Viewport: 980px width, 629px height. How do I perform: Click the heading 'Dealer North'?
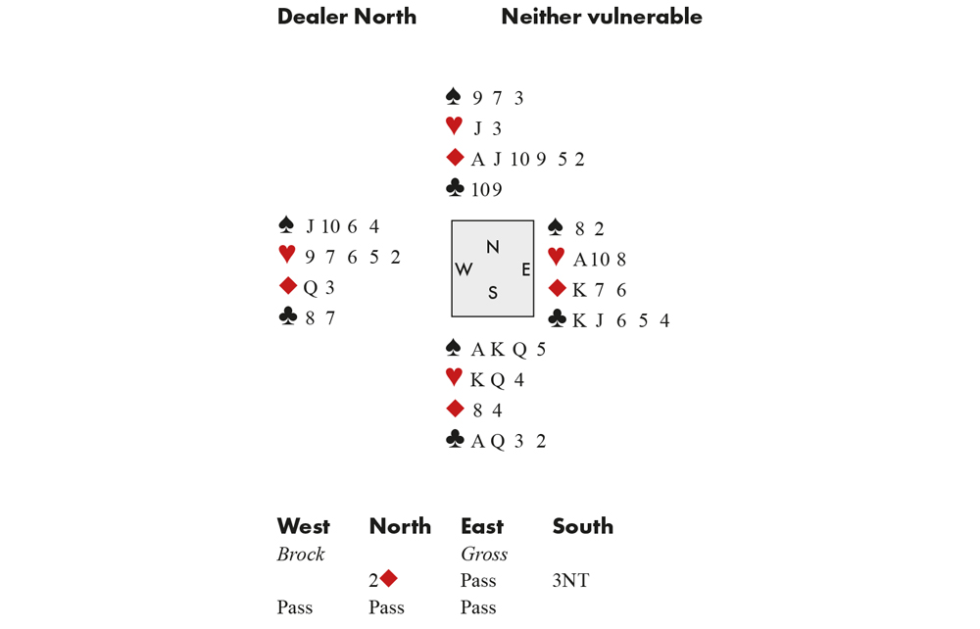click(347, 17)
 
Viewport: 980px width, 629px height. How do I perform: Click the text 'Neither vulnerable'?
click(602, 17)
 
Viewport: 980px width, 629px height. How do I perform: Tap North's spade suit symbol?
click(454, 96)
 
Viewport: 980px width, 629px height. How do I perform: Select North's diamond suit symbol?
click(455, 158)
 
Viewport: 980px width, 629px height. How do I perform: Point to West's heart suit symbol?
click(287, 254)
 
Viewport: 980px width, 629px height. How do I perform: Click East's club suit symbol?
click(557, 318)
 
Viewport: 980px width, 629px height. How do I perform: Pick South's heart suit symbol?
click(455, 376)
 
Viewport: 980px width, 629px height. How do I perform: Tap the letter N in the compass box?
click(493, 247)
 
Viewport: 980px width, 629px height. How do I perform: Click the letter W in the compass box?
click(464, 269)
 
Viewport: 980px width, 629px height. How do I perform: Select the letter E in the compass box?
click(526, 269)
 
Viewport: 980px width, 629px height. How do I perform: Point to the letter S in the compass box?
click(493, 292)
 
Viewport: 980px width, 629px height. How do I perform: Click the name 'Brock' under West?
click(301, 554)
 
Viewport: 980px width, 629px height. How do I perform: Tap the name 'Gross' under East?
click(484, 554)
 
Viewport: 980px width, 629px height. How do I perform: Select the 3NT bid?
click(570, 580)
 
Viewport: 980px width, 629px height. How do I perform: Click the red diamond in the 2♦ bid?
click(389, 579)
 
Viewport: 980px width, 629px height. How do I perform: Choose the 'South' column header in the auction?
click(582, 526)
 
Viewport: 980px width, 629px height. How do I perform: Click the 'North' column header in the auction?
click(400, 526)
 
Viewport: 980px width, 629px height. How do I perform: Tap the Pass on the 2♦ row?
click(478, 580)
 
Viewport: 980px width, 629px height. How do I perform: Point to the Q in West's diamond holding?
click(310, 288)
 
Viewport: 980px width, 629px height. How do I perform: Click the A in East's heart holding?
click(580, 260)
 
